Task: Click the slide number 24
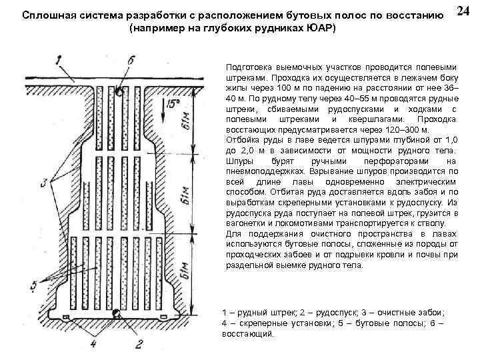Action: coord(465,12)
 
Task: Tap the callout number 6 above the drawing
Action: coord(131,60)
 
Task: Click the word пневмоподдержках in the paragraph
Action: coord(262,171)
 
